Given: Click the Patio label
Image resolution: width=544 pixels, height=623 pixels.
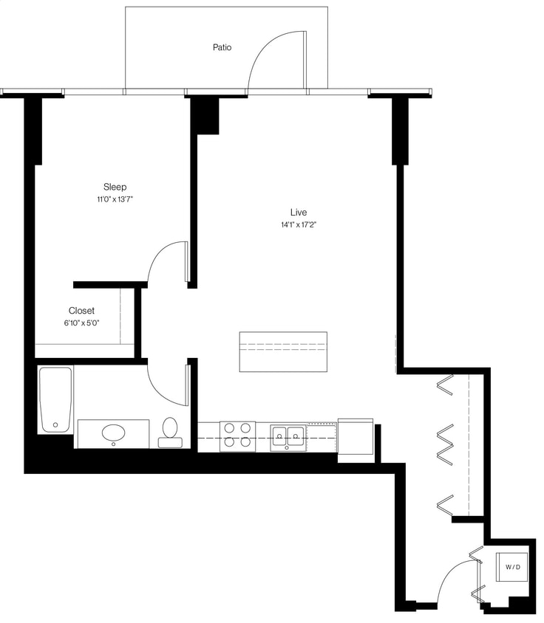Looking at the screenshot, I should pos(222,47).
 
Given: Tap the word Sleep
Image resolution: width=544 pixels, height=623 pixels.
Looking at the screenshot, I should pos(115,187).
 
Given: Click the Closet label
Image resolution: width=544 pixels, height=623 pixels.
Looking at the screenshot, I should pos(81,311).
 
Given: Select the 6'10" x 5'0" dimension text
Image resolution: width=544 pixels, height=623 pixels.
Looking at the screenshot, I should pos(81,323).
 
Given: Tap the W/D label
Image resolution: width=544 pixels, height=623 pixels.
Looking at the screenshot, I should pos(513,567).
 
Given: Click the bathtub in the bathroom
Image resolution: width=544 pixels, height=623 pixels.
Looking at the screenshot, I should pos(56,399).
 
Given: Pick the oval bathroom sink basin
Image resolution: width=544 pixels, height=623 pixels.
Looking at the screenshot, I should pos(114,433).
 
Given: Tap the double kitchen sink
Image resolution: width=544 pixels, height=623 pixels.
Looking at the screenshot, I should pos(288,436).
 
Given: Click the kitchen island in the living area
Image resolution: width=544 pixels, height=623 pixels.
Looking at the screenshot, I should pos(283,351).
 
